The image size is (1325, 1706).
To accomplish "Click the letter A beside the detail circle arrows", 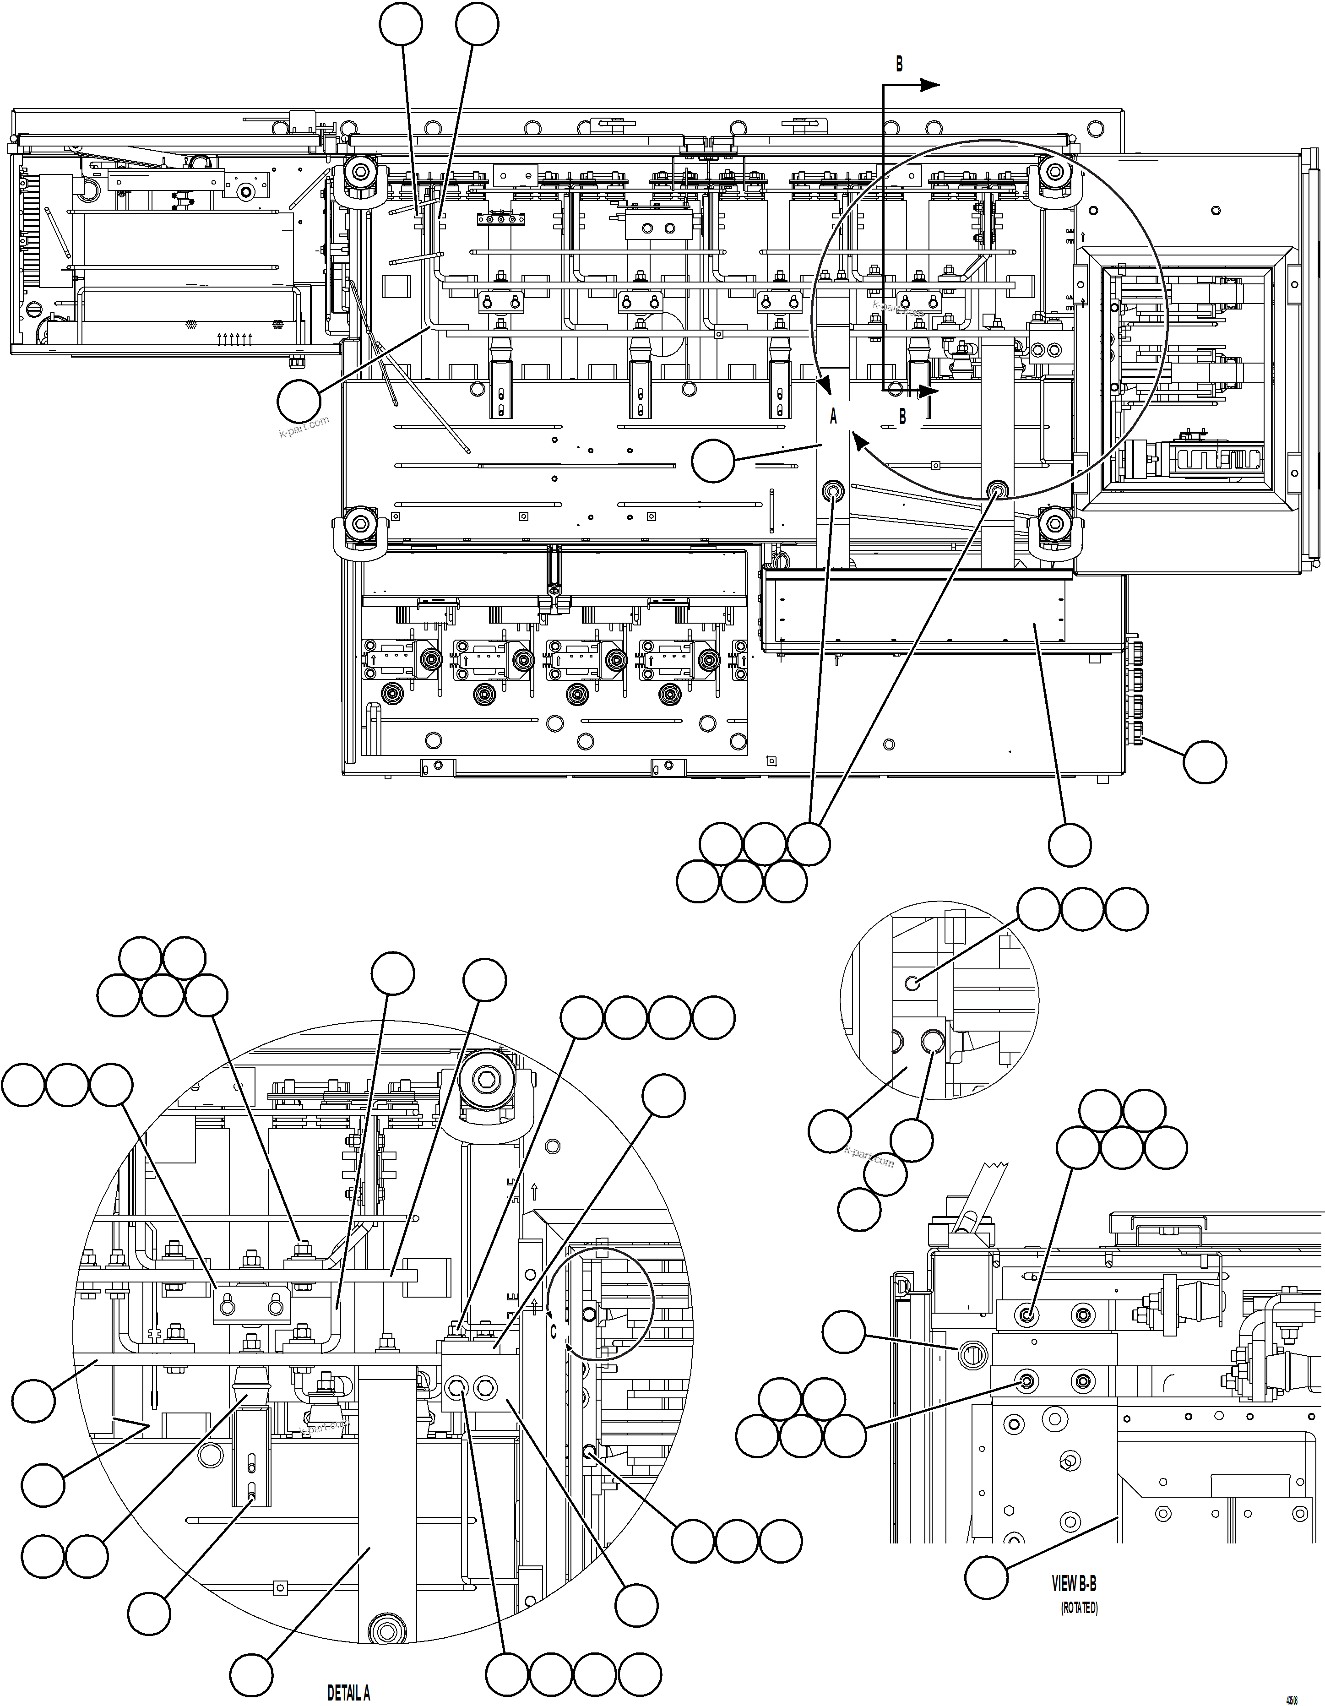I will [x=833, y=417].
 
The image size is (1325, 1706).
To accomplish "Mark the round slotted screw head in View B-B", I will [x=970, y=1357].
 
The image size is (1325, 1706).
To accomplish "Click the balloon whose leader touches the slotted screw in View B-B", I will [x=845, y=1333].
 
